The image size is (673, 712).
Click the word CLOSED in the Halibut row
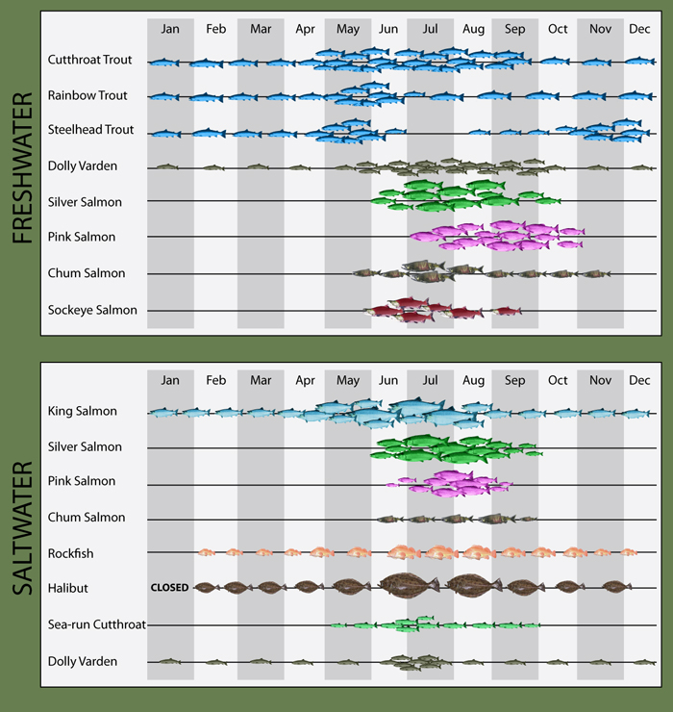point(170,587)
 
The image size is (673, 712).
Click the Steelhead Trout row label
point(90,130)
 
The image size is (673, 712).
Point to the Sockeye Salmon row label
point(92,310)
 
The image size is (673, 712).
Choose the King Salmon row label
point(83,412)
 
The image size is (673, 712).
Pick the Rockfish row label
point(71,553)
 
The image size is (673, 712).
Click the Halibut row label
point(68,587)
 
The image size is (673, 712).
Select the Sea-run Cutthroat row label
point(96,624)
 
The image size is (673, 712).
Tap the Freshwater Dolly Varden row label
point(83,165)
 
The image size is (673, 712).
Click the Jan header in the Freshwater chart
point(170,29)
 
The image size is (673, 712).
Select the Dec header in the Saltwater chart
point(639,380)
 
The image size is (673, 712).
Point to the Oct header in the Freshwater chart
point(558,29)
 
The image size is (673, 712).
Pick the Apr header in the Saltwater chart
point(306,380)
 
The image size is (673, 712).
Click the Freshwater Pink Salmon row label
point(82,237)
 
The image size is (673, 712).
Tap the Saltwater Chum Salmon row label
point(87,518)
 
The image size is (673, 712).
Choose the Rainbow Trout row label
point(87,95)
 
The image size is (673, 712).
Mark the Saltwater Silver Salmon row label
point(85,447)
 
